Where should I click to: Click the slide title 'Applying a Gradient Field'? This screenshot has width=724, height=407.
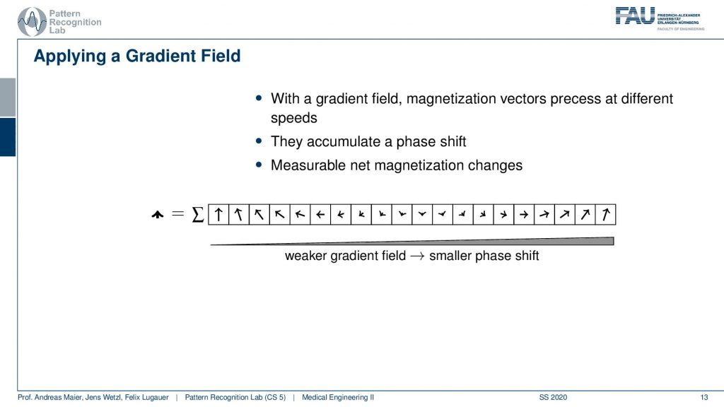137,57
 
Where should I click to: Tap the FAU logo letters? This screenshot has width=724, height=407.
636,16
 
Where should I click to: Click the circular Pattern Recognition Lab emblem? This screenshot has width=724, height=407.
32,21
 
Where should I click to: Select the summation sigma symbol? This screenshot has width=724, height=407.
198,214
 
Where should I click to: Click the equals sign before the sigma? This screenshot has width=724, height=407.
177,213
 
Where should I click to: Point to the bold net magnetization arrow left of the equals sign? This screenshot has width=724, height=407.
158,215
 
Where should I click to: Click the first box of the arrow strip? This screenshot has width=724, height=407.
218,215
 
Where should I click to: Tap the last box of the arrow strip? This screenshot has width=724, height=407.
605,215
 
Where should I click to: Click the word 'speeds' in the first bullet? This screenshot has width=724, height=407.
293,118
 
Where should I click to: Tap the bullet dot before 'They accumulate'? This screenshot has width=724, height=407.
259,141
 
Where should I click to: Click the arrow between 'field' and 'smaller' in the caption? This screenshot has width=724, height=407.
417,256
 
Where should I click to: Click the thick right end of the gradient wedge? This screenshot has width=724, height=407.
613,241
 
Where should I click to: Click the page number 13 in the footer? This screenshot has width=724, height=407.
703,397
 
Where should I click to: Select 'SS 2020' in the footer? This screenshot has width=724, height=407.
553,397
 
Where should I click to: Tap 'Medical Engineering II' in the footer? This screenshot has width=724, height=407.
338,397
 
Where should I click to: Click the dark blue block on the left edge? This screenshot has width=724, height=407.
8,137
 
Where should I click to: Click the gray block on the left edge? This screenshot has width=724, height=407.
8,98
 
